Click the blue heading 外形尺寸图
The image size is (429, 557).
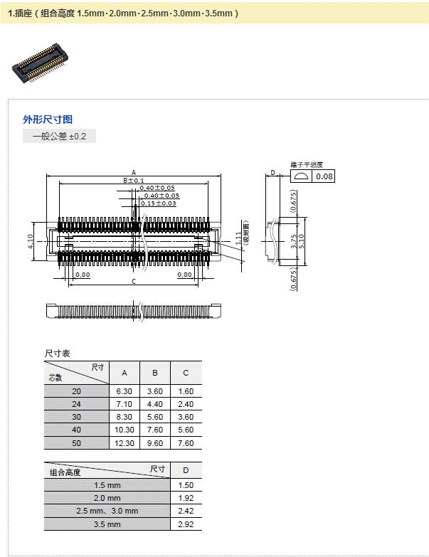tap(48, 120)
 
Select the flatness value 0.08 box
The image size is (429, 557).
tap(324, 176)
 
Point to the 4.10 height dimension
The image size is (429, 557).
tap(31, 242)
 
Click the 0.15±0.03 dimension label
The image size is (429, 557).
tap(158, 203)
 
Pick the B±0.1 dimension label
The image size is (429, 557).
tap(133, 181)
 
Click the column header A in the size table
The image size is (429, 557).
tap(125, 373)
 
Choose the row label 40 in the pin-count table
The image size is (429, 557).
tap(77, 430)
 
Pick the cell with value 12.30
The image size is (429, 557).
tap(125, 442)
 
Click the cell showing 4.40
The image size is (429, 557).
tap(155, 404)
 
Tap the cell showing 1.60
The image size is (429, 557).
tap(186, 391)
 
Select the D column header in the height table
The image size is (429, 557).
tap(186, 471)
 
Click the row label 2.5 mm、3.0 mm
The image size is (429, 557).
tap(107, 511)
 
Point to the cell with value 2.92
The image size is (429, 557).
tap(186, 524)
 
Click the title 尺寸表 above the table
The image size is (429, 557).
tap(58, 353)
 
